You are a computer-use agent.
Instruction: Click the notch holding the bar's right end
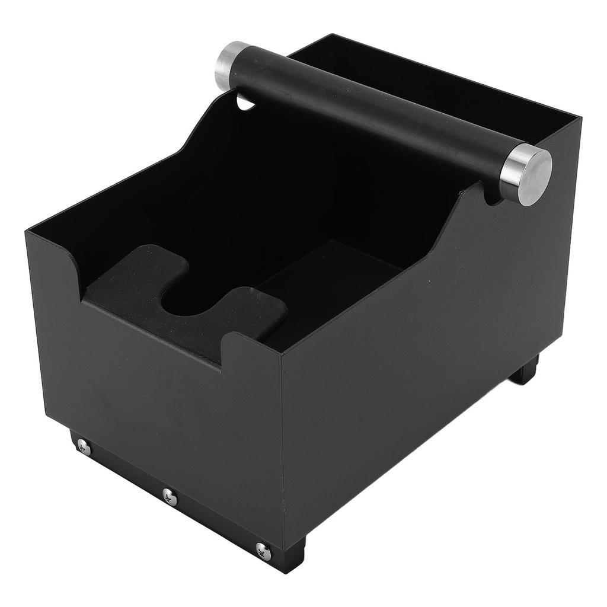pos(492,198)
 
